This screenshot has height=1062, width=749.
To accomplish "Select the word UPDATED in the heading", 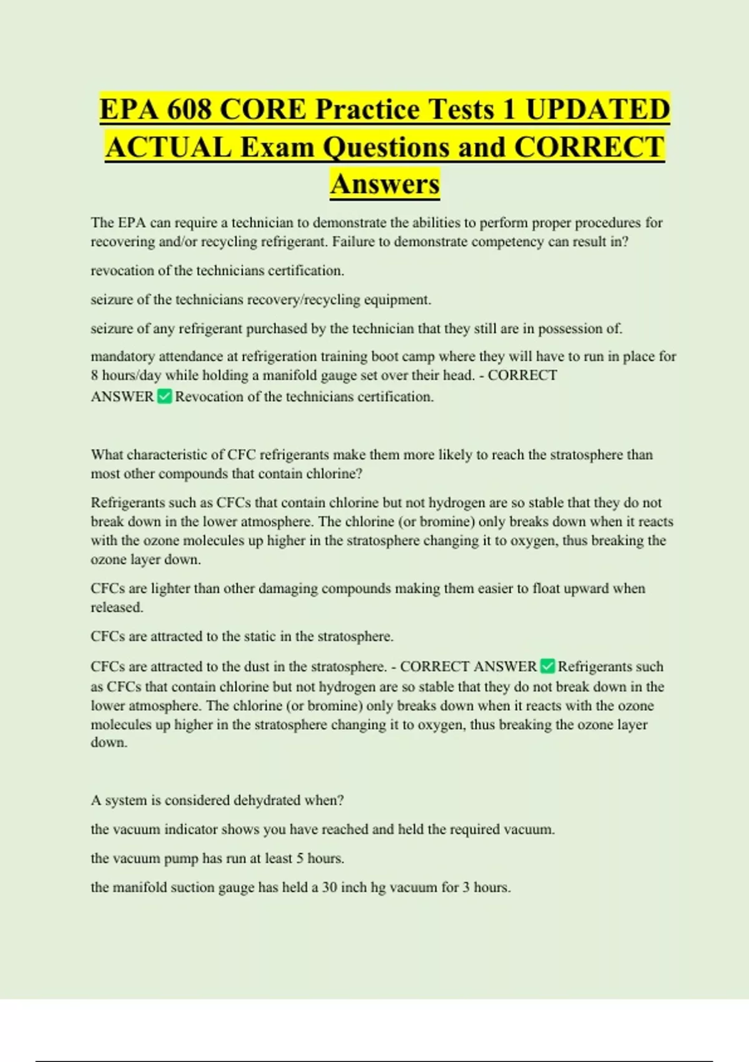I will click(597, 109).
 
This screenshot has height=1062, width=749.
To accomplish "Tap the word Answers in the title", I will click(385, 184).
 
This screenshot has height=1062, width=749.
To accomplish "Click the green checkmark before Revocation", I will click(165, 396).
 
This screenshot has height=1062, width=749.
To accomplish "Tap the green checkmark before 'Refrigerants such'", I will click(547, 667).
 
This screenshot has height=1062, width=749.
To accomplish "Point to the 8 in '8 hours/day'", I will click(94, 375).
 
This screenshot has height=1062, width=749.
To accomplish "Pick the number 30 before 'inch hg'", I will click(330, 887).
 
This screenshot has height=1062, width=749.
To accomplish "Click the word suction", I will click(191, 887).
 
